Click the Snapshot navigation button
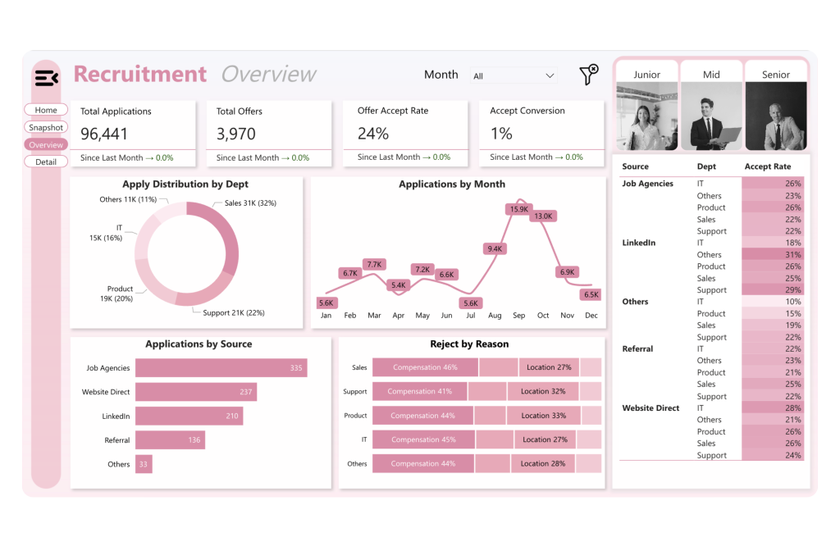click(x=46, y=127)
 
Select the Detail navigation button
click(x=46, y=162)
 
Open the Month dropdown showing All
click(x=514, y=75)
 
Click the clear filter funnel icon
click(x=588, y=75)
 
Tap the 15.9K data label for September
click(x=518, y=209)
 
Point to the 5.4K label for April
click(x=399, y=285)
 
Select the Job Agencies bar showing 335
click(x=221, y=368)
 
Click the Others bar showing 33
click(x=144, y=464)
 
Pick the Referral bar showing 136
click(x=170, y=440)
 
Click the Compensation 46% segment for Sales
click(x=425, y=367)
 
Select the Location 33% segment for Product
click(x=543, y=416)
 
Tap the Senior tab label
click(x=776, y=74)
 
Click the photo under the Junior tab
click(x=646, y=116)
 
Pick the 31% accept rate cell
click(x=773, y=255)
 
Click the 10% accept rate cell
click(x=773, y=302)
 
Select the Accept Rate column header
click(x=768, y=166)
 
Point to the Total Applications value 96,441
click(x=104, y=134)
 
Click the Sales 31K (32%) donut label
click(x=250, y=203)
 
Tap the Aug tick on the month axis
click(x=495, y=315)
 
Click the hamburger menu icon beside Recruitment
click(x=46, y=78)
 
